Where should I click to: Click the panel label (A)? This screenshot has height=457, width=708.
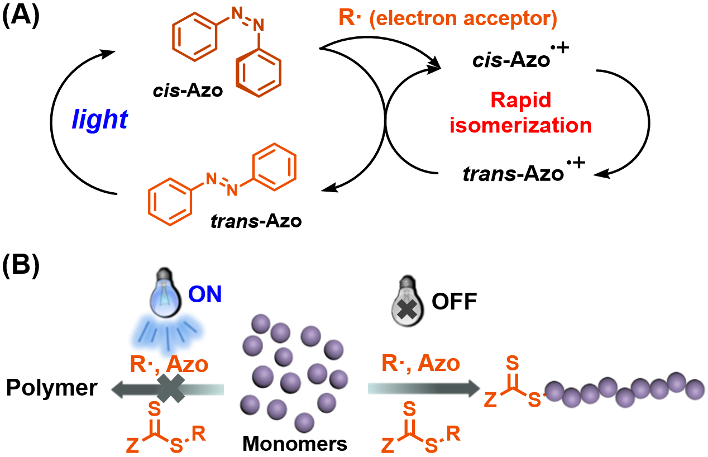21,16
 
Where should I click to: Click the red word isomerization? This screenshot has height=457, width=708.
521,125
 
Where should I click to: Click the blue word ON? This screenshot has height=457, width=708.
205,294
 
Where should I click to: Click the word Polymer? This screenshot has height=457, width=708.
51,388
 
